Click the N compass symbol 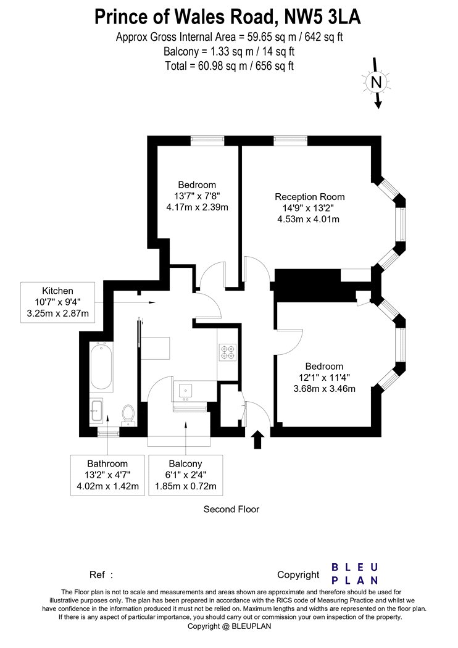[376, 82]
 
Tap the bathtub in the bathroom [101, 366]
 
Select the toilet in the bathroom [128, 415]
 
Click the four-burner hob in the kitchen [228, 352]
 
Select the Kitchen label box [58, 302]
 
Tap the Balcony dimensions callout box [186, 475]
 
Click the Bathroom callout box [107, 475]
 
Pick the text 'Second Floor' [231, 509]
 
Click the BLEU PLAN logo [355, 573]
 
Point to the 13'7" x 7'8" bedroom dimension [197, 196]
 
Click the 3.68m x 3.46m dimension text [325, 388]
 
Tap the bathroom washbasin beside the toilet [96, 410]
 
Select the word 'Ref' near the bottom [97, 575]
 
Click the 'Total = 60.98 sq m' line [230, 65]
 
